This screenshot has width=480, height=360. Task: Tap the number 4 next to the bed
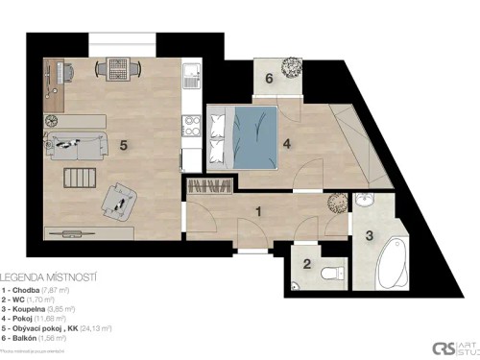tap(286, 147)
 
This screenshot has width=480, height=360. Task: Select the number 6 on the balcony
tap(269, 78)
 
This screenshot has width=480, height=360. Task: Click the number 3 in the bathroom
tap(370, 235)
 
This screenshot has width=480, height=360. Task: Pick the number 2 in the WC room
tap(306, 264)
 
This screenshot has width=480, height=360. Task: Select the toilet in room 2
tap(335, 273)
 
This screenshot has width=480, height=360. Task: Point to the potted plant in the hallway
tap(337, 204)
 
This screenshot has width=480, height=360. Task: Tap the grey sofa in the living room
tap(76, 146)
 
